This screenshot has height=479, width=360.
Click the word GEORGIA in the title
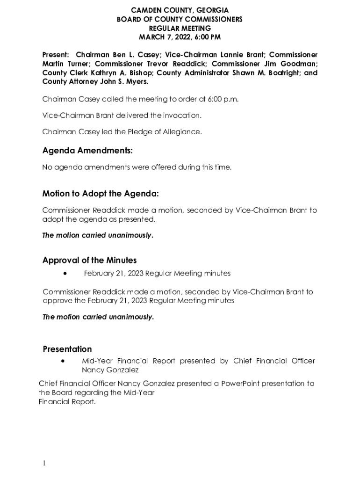pyautogui.click(x=212, y=10)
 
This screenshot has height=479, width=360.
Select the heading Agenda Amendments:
pyautogui.click(x=87, y=151)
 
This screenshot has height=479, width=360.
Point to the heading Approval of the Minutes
pyautogui.click(x=89, y=260)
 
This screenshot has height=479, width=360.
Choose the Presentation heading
pyautogui.click(x=67, y=349)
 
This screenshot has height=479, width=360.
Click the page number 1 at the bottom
pyautogui.click(x=44, y=463)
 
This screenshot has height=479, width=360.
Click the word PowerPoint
pyautogui.click(x=239, y=384)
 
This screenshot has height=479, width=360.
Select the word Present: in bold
pyautogui.click(x=56, y=55)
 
